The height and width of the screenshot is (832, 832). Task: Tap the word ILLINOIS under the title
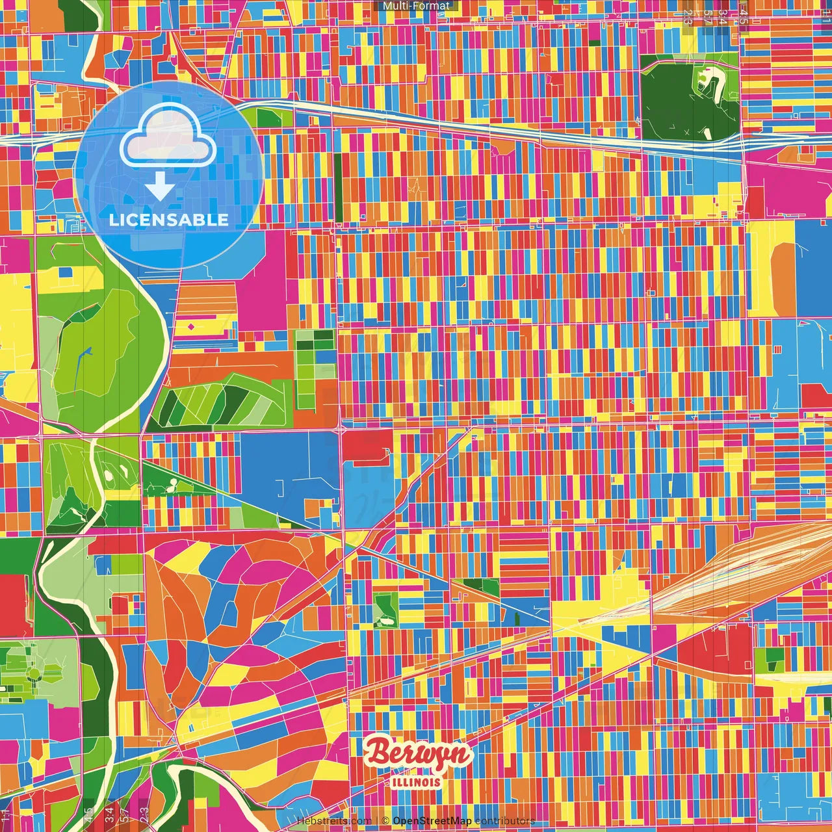tap(417, 782)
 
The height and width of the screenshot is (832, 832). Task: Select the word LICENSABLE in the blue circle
tap(169, 220)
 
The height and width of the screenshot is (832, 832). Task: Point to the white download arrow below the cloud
tap(160, 187)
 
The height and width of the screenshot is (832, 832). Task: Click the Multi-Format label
tap(416, 6)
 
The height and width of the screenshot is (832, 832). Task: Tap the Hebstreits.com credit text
tap(333, 821)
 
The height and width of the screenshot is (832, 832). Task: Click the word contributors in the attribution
tap(505, 821)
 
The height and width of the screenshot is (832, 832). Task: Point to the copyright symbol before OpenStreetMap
tap(385, 821)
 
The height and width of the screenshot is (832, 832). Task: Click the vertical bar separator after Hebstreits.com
tap(377, 821)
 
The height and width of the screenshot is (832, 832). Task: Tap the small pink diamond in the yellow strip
tap(192, 326)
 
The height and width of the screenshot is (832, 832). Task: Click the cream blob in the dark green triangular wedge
tap(172, 484)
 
